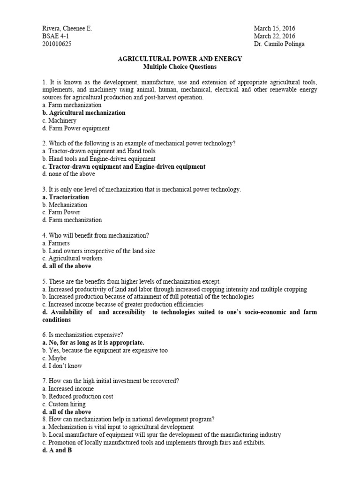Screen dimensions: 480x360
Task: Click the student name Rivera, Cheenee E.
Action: tap(67, 29)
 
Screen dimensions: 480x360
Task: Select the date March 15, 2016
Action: tap(275, 29)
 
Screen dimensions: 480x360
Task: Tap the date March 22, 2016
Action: tap(275, 36)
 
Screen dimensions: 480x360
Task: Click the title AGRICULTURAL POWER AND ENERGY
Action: tap(180, 59)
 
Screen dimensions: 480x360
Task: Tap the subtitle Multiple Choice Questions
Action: tap(180, 67)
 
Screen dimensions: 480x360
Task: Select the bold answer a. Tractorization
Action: tap(65, 197)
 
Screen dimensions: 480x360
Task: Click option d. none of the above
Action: tap(68, 174)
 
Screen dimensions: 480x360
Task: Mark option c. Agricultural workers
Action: tap(72, 258)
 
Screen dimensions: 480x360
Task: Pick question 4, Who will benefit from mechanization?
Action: tap(91, 235)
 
